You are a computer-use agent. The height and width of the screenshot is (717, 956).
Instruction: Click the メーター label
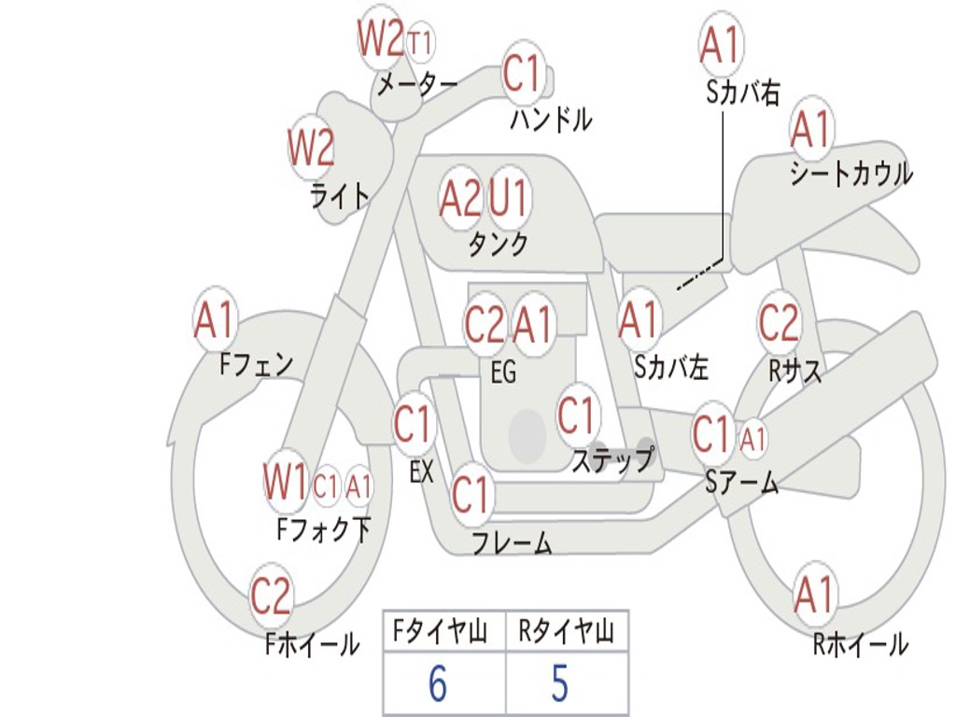click(x=416, y=85)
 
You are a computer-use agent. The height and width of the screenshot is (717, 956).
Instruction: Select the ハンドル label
click(x=551, y=119)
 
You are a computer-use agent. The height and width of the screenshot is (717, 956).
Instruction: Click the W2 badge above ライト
click(x=311, y=148)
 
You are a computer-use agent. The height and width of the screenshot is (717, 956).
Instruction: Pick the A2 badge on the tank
click(x=460, y=198)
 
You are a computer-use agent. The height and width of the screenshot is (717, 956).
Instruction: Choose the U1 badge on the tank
click(x=509, y=198)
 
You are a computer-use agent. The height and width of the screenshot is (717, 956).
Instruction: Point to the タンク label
click(x=498, y=245)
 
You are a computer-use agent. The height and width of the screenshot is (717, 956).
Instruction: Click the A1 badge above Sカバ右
click(x=719, y=44)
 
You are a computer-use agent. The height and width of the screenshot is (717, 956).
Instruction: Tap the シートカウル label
click(x=851, y=175)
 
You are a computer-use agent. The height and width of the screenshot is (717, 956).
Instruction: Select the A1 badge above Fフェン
click(x=216, y=321)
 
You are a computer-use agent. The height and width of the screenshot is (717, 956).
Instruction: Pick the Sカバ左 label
click(x=671, y=368)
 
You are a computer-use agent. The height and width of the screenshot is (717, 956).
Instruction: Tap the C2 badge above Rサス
click(x=779, y=323)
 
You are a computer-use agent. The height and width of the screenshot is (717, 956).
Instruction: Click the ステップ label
click(x=612, y=460)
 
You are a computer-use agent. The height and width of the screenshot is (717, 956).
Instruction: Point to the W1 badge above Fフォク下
click(x=285, y=483)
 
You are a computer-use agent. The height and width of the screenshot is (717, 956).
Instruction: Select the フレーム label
click(x=511, y=543)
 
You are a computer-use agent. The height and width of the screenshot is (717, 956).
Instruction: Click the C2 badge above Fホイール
click(x=271, y=596)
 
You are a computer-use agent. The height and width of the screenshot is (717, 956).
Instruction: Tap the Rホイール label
click(x=860, y=644)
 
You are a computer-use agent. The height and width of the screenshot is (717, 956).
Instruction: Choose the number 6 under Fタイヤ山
click(x=437, y=683)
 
